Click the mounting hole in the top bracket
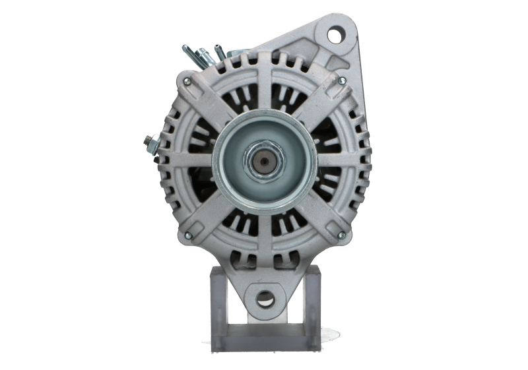[337, 34]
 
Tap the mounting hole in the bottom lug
[265, 298]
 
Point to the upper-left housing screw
[187, 82]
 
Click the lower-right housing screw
[341, 235]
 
